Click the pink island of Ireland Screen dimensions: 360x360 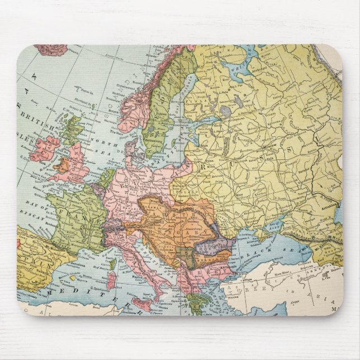point(46,148)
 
